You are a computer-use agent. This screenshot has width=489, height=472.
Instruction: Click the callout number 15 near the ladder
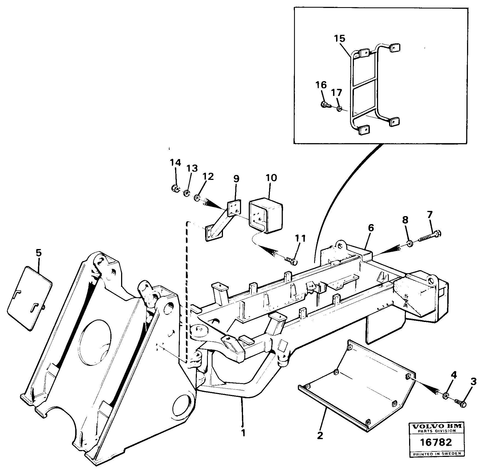click(340, 38)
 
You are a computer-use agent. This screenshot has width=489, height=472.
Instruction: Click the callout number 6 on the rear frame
click(371, 227)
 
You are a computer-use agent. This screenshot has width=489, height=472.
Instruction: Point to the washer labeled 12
click(197, 197)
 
